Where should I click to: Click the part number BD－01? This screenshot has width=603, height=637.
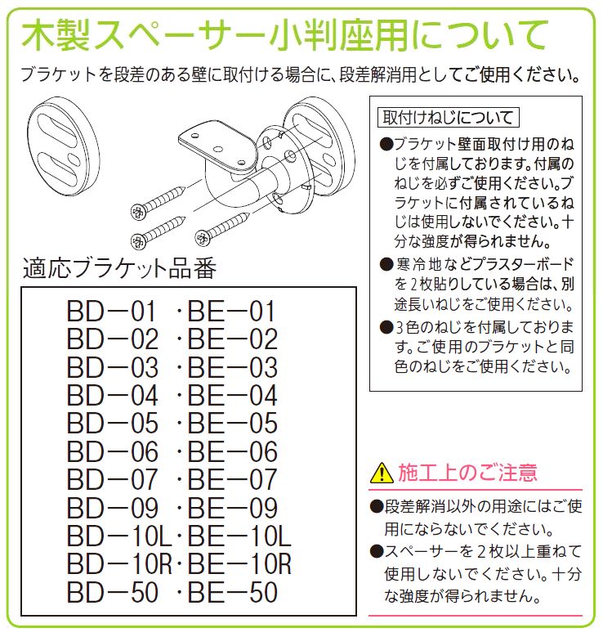tap(112, 312)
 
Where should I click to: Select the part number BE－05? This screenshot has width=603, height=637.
tap(233, 424)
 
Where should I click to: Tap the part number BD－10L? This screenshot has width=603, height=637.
tap(119, 536)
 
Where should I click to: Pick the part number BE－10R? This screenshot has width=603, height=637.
tap(239, 564)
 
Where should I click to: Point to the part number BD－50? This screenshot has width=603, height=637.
tap(113, 592)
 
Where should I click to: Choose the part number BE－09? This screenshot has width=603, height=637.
tap(233, 508)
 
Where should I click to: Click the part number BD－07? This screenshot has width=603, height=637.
tap(113, 479)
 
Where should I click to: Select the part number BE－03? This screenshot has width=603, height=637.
tap(233, 367)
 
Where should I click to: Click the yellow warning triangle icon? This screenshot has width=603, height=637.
tap(382, 473)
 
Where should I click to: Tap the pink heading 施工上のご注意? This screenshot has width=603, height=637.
tap(468, 473)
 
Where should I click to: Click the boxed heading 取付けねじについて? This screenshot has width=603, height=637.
tap(449, 118)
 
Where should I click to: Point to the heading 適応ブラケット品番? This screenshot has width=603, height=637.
tap(119, 268)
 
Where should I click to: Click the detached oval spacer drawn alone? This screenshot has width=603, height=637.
tap(64, 146)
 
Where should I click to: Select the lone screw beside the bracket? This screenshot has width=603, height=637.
tap(222, 228)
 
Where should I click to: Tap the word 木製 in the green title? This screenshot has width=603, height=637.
tap(56, 36)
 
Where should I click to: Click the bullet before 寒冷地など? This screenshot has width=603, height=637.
tap(386, 265)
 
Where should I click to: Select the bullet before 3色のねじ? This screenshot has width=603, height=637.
tap(386, 328)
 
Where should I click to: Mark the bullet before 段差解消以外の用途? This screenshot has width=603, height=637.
tap(377, 507)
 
